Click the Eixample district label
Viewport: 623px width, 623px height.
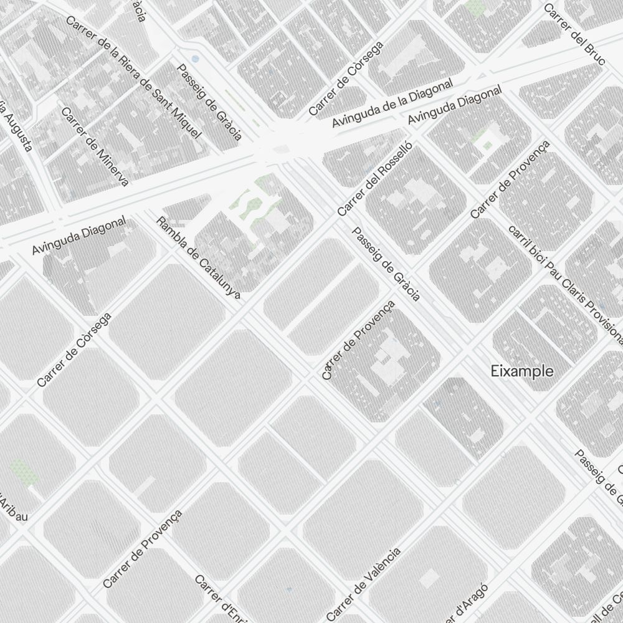tap(521, 371)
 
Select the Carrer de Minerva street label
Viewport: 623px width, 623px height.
tap(95, 146)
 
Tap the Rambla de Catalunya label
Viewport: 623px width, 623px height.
tap(197, 257)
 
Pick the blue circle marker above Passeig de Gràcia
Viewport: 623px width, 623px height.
tap(196, 59)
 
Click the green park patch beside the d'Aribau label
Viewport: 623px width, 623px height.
tap(23, 472)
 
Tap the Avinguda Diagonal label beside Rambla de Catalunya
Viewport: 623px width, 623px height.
tap(78, 235)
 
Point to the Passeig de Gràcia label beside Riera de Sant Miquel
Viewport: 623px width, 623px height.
tap(209, 102)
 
